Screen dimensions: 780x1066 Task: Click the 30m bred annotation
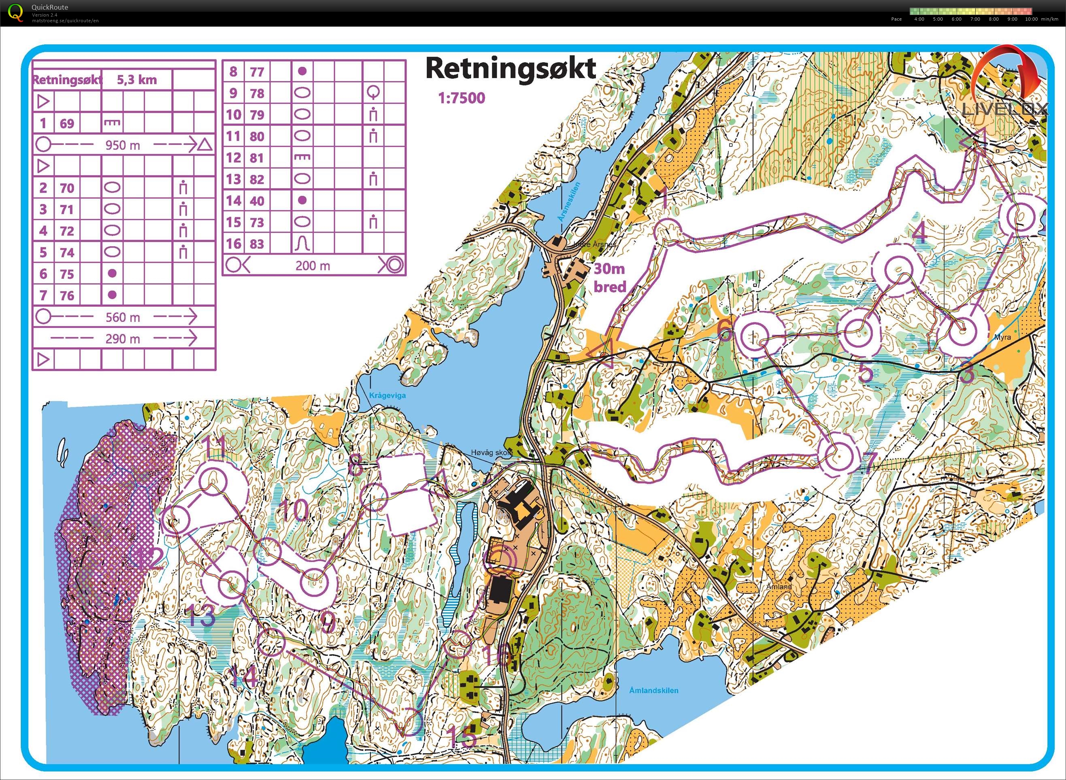click(x=610, y=278)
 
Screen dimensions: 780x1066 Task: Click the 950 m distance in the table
click(x=122, y=145)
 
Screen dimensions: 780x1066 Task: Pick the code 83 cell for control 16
click(x=256, y=244)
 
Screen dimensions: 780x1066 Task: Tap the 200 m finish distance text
click(x=312, y=266)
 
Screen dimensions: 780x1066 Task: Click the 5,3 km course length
click(x=136, y=79)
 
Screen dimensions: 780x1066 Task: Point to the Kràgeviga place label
click(x=387, y=395)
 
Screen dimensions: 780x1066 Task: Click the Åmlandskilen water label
click(x=654, y=690)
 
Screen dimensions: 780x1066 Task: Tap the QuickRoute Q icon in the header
click(x=15, y=12)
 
